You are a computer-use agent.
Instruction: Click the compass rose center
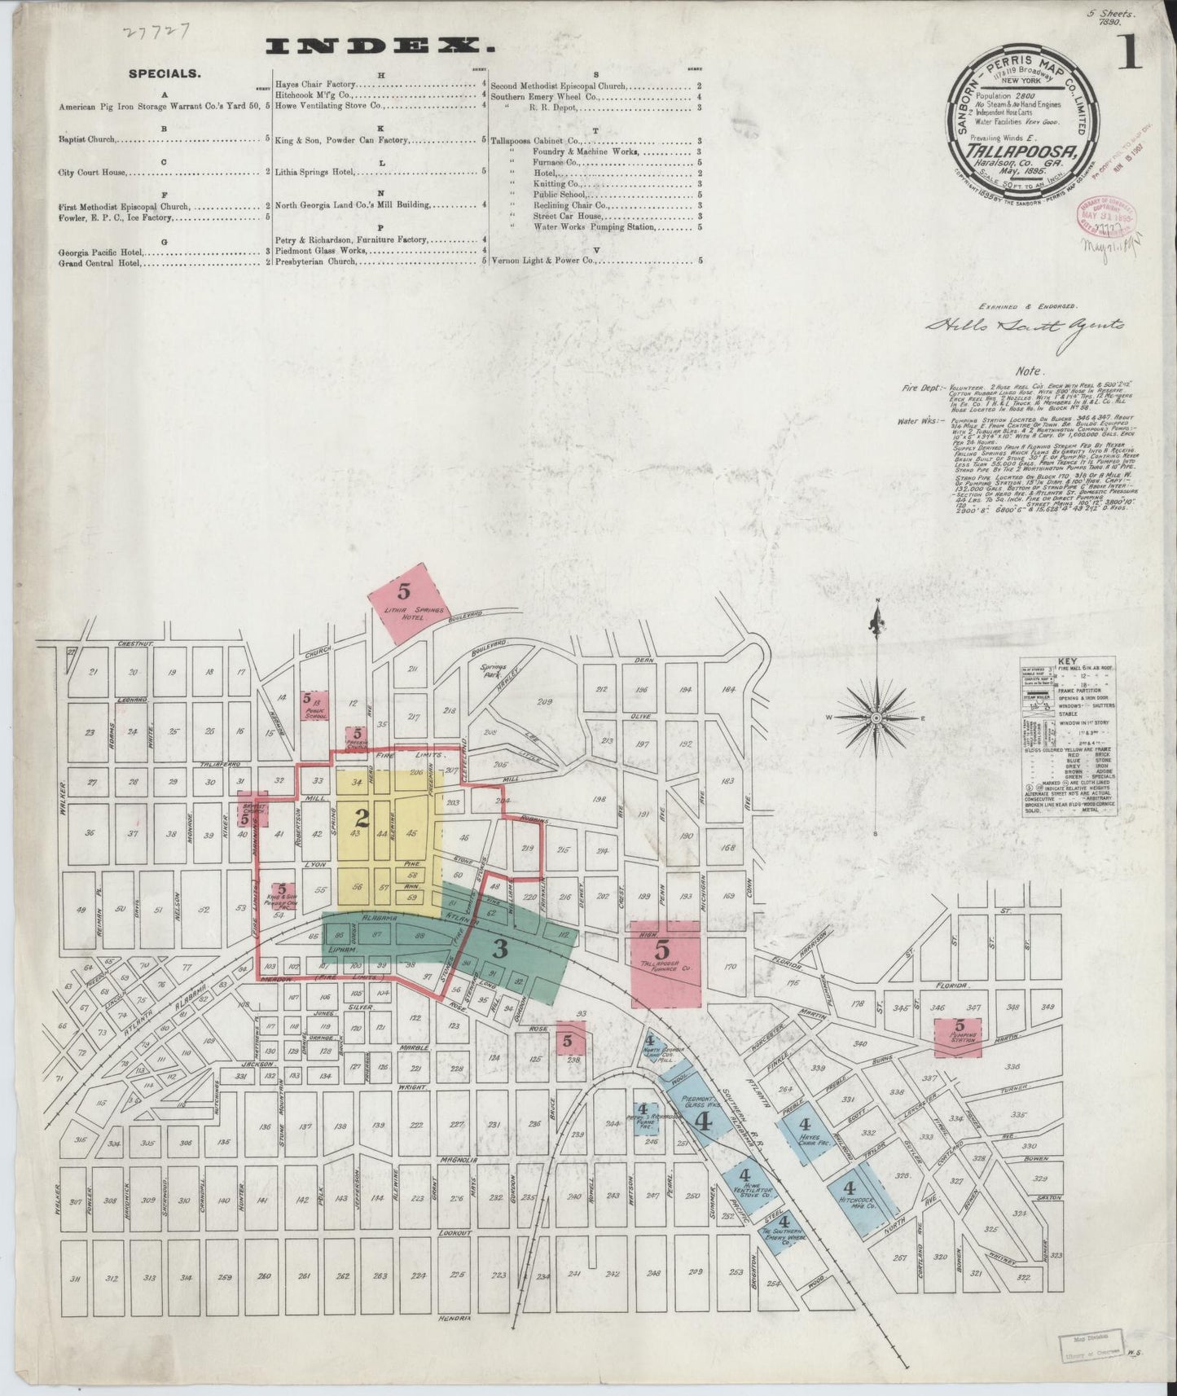point(876,718)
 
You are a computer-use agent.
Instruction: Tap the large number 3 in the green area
point(500,947)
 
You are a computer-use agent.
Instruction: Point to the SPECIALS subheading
point(164,73)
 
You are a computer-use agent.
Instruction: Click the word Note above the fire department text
point(1034,370)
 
